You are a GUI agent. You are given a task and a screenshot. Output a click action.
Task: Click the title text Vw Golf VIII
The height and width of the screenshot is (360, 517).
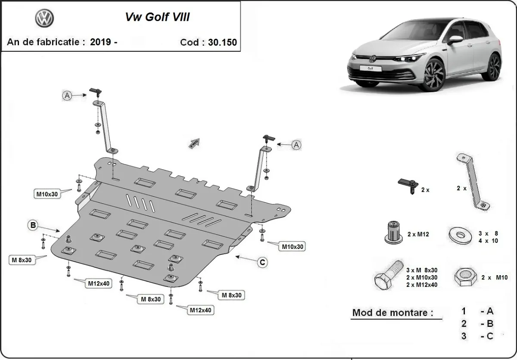(x=157, y=17)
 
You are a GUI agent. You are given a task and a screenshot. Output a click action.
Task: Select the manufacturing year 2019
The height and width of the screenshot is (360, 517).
(x=100, y=42)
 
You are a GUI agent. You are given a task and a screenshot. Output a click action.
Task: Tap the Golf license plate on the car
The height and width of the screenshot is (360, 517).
(x=370, y=68)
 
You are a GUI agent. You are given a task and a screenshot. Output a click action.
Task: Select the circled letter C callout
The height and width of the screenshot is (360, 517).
(x=262, y=262)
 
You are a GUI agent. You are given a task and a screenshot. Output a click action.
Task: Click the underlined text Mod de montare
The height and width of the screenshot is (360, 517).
(x=392, y=313)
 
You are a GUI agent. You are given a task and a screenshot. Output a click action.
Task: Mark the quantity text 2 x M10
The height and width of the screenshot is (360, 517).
(x=495, y=278)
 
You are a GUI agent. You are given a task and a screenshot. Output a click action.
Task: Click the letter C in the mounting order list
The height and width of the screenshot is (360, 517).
(x=489, y=336)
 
